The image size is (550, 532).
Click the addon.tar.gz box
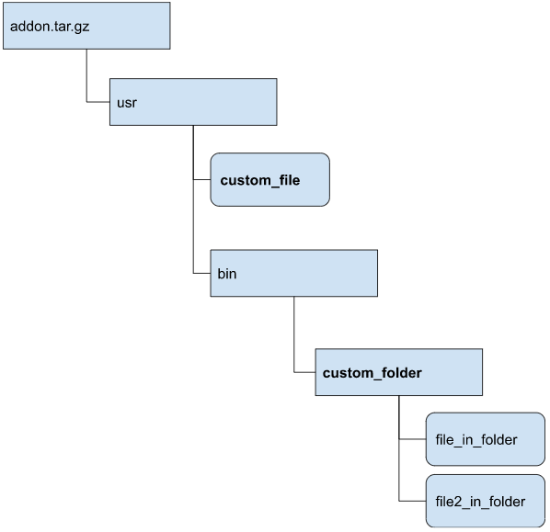tap(86, 26)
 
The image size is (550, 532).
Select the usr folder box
tap(193, 102)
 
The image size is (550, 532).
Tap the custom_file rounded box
tap(270, 179)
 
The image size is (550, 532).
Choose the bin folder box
tap(294, 273)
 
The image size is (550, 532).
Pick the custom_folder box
tap(399, 372)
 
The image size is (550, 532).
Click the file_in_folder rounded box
tap(486, 439)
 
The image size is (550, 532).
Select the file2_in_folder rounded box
tap(486, 501)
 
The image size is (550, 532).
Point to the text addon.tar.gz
tap(50, 27)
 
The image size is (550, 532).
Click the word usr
tap(127, 103)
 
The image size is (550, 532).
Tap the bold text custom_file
tap(260, 180)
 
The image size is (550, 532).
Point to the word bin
tap(227, 274)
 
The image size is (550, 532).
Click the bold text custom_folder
tap(372, 373)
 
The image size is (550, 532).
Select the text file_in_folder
tap(476, 440)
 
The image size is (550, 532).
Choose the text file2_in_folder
tap(480, 502)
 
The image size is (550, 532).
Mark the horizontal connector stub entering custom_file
tap(201, 179)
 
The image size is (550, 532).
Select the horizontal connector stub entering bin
tap(201, 273)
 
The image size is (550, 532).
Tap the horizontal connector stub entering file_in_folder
tap(412, 439)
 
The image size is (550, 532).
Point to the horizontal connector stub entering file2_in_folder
tap(412, 501)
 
